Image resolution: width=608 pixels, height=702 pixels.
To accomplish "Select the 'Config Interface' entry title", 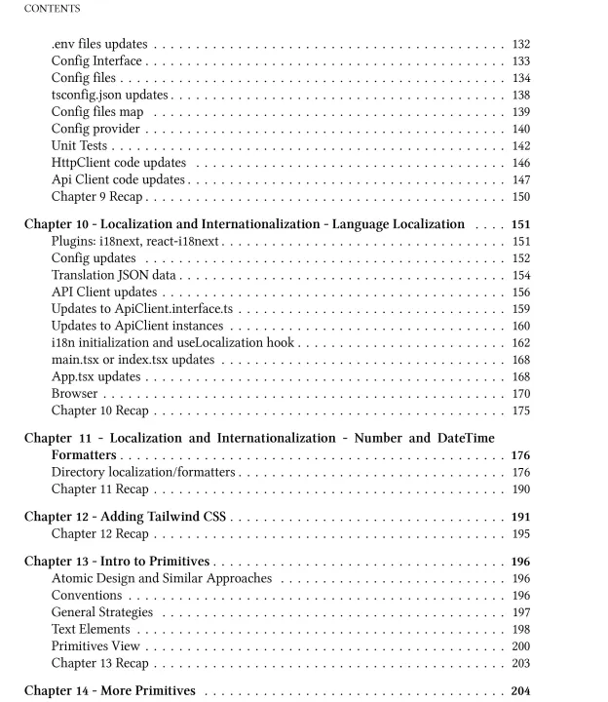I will click(x=95, y=61).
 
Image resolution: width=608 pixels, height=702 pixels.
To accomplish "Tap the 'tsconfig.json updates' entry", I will click(x=109, y=95).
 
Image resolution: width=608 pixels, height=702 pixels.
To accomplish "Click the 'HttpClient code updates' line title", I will click(x=118, y=163).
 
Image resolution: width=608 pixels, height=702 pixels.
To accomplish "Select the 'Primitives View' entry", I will click(x=95, y=645).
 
